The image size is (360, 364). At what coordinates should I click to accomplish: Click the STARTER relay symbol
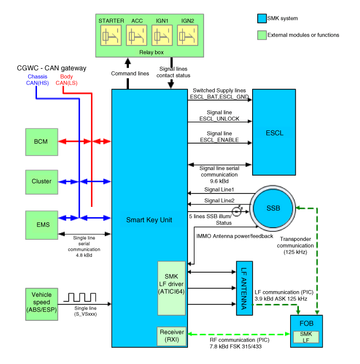pos(111,36)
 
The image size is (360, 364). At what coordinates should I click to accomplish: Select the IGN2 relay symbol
pos(187,36)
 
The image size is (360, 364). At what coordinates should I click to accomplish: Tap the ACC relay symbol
pos(137,36)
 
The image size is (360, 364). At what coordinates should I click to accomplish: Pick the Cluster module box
pos(42,181)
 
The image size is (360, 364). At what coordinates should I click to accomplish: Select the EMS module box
pos(42,224)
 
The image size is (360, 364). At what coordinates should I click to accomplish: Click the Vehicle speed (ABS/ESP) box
pos(42,302)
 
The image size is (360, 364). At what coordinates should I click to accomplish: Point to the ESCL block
pos(274,133)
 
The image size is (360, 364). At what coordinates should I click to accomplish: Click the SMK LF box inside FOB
pos(305,337)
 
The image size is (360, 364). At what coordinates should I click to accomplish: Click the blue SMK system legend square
pos(261,18)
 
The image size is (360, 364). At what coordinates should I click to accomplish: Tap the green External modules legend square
pos(261,35)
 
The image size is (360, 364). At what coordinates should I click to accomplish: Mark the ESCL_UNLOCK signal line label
pos(219,116)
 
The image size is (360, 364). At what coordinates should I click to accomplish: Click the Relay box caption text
pos(151,52)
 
